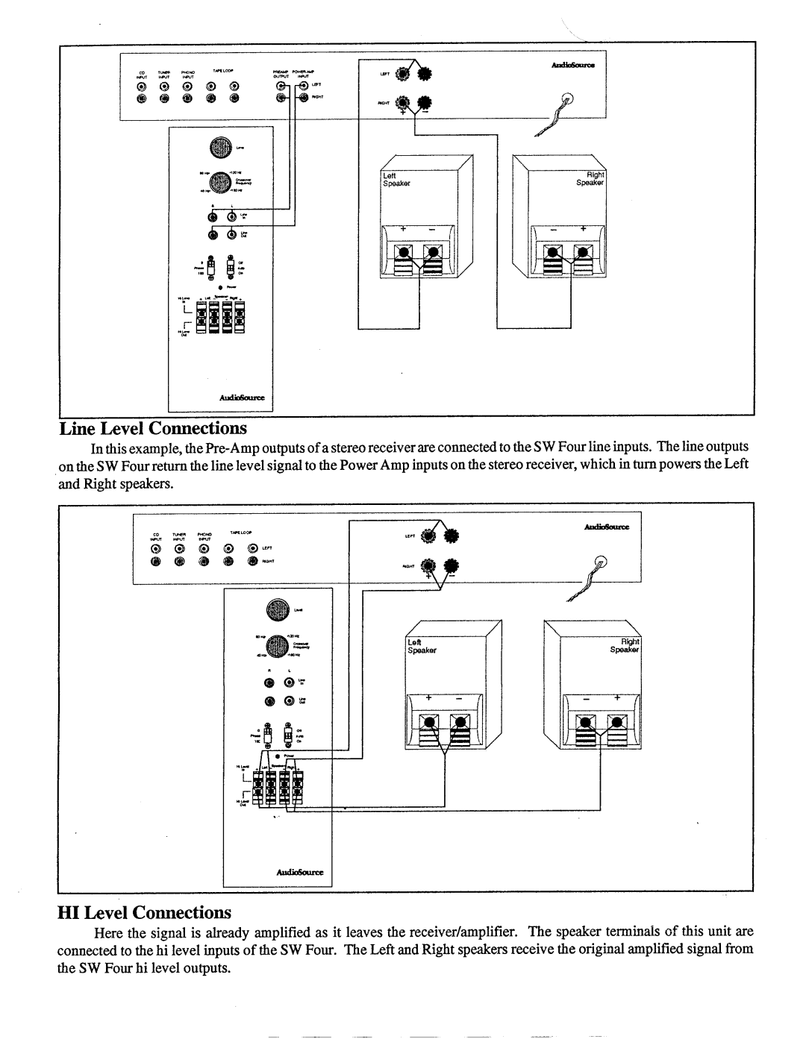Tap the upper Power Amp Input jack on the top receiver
pos(304,84)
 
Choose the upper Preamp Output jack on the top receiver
pos(281,84)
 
